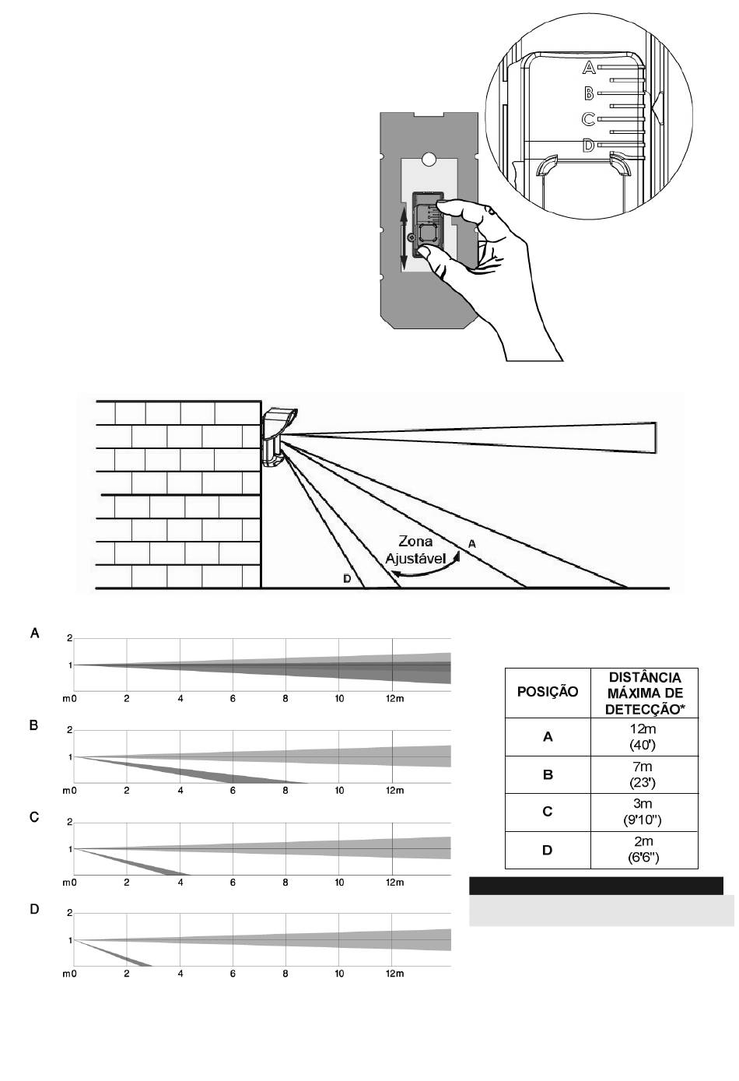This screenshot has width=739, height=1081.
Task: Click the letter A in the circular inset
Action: tap(589, 68)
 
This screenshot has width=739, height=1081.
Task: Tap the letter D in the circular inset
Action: tap(588, 145)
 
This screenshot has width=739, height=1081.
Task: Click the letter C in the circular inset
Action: tap(588, 119)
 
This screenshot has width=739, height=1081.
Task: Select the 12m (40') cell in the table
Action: tap(644, 736)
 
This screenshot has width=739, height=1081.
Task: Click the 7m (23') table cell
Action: tap(644, 774)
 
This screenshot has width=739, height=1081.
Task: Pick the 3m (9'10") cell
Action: tap(644, 812)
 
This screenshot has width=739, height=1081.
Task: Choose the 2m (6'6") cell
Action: tap(644, 850)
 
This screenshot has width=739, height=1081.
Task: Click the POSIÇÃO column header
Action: tap(548, 692)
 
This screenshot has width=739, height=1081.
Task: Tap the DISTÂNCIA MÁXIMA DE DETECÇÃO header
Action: tap(644, 693)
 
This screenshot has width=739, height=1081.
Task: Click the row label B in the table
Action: tap(548, 775)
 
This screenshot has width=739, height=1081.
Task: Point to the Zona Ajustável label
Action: tap(415, 549)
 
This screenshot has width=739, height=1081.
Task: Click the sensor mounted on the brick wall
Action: tap(278, 437)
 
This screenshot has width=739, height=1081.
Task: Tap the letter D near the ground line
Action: tap(347, 578)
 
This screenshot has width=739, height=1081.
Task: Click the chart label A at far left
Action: tap(34, 634)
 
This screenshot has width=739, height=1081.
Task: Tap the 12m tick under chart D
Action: tap(395, 974)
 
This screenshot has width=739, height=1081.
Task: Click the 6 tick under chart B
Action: tap(233, 791)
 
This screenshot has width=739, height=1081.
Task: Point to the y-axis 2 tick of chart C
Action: tap(69, 822)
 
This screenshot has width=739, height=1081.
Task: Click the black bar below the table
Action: tap(596, 886)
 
